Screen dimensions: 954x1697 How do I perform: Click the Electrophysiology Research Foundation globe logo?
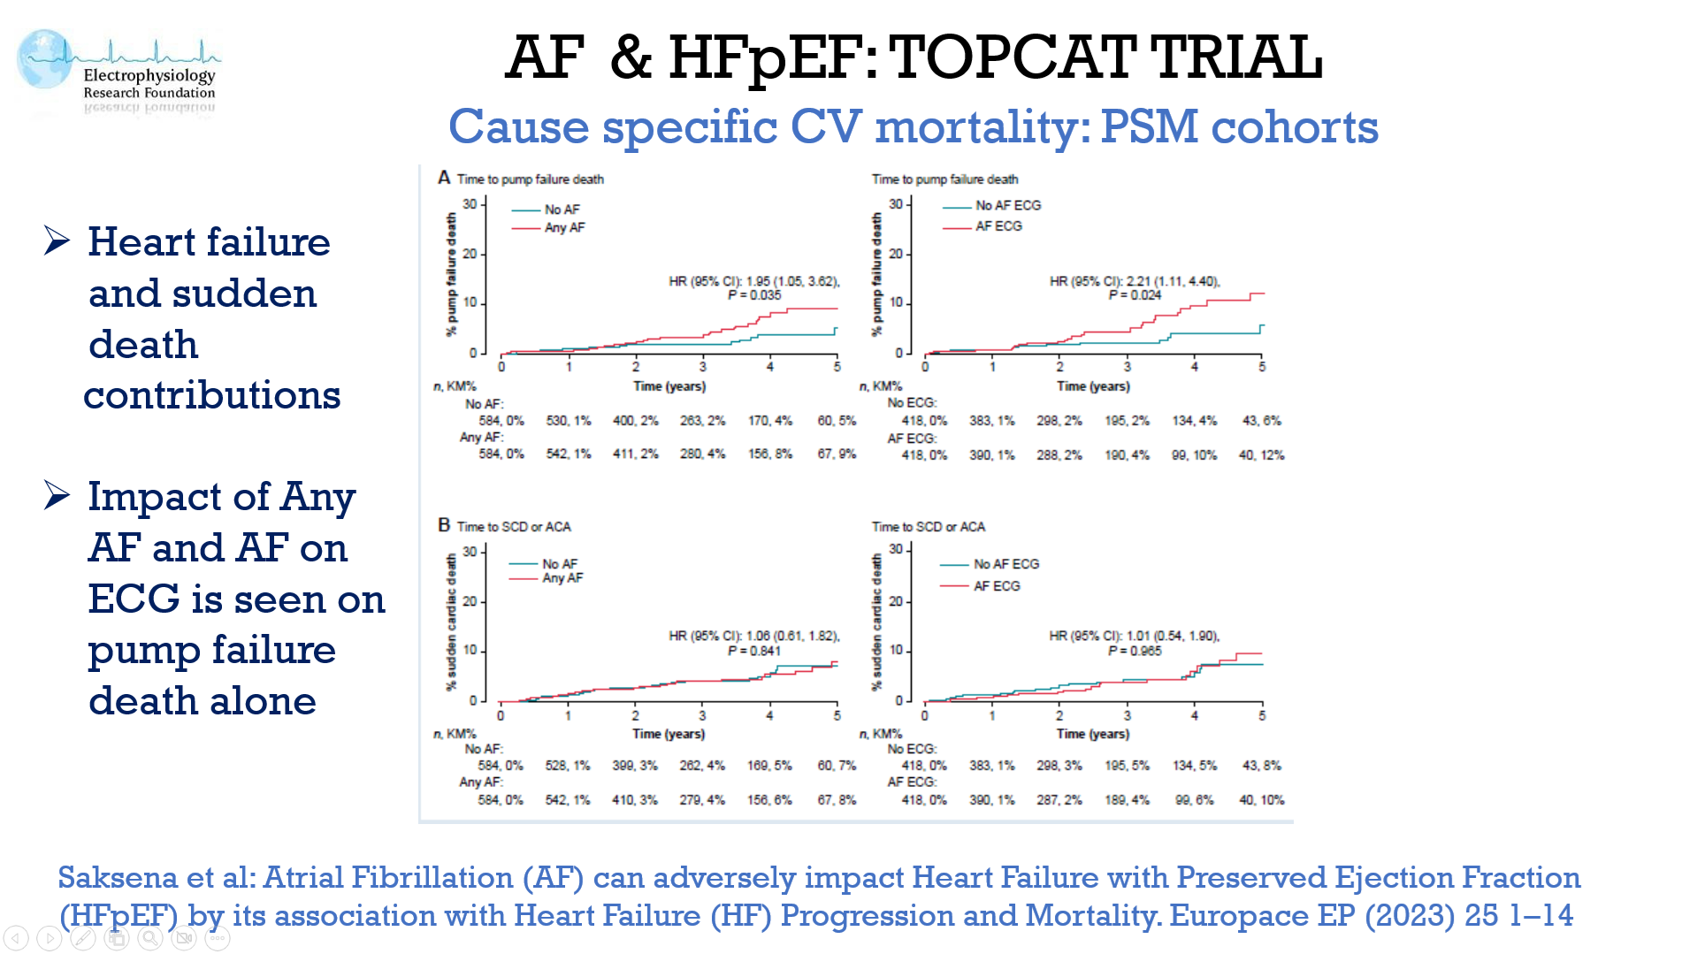pos(44,59)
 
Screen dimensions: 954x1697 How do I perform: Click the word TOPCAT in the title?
pos(1013,57)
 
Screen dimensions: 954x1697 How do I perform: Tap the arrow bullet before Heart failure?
pos(57,240)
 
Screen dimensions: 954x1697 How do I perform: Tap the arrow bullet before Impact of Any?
pos(57,495)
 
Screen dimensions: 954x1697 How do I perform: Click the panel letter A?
pos(444,178)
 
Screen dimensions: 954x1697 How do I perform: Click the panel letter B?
pos(444,525)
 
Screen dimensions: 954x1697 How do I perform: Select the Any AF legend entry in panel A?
pos(564,227)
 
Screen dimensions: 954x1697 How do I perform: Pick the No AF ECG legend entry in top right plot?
pos(1007,205)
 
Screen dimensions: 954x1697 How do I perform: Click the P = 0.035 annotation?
pos(754,295)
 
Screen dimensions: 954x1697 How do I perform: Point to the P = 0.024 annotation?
pos(1135,295)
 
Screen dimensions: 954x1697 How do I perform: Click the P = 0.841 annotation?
pos(754,651)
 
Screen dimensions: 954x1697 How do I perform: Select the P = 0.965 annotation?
pos(1135,651)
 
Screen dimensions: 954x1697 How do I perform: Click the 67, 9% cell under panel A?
pos(837,454)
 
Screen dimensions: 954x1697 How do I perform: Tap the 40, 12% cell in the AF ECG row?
pos(1261,454)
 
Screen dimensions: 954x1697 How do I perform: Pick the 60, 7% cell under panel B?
pos(837,765)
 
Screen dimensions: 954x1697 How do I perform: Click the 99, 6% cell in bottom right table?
pos(1194,799)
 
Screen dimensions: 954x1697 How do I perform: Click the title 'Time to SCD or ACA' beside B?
pos(514,527)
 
